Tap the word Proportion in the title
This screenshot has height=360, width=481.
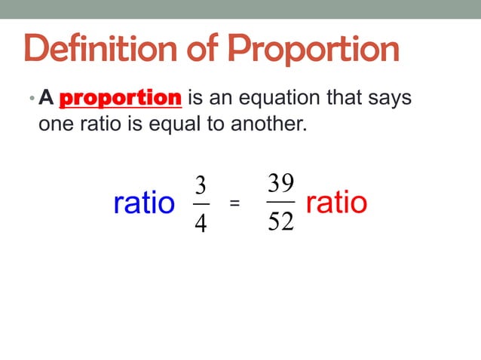coord(314,50)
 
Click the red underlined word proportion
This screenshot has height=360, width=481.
coord(120,98)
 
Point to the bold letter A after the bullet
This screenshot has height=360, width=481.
coord(47,98)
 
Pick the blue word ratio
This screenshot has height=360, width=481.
coord(143,203)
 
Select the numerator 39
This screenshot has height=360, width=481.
coord(280,182)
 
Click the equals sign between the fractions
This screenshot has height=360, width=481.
coord(234,203)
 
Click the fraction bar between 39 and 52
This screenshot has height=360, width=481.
coord(280,201)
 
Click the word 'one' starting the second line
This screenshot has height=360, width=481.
coord(54,124)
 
